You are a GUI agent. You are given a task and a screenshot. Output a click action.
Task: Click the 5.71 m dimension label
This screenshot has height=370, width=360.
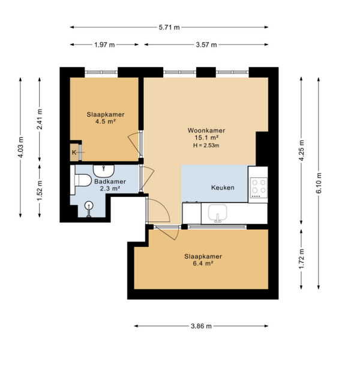tap(169, 28)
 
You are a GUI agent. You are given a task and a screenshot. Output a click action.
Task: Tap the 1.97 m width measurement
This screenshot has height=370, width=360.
tap(104, 44)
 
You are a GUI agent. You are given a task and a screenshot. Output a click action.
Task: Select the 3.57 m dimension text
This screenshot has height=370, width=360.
tap(206, 44)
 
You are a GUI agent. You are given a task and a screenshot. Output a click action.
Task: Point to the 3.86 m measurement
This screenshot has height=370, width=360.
tap(201, 326)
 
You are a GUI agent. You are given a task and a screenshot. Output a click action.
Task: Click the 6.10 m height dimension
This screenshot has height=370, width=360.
tap(319, 183)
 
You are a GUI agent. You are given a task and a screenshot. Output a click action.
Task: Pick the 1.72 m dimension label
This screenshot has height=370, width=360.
tap(302, 259)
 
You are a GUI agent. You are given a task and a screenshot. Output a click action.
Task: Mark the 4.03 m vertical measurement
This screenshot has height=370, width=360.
tap(21, 147)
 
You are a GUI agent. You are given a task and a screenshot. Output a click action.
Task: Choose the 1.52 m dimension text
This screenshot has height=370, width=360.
tap(40, 190)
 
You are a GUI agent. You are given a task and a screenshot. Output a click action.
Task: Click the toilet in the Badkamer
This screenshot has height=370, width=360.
tap(81, 180)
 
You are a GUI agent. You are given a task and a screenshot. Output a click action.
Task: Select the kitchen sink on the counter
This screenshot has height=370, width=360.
tap(217, 213)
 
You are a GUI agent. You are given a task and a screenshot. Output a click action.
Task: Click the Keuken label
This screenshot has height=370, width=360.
tap(223, 187)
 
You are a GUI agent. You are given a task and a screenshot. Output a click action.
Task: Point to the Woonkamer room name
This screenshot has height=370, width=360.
tap(206, 130)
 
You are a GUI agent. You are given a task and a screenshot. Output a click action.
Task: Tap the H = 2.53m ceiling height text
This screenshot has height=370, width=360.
tap(206, 145)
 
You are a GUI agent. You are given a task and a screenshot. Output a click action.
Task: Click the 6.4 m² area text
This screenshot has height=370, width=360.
tap(203, 263)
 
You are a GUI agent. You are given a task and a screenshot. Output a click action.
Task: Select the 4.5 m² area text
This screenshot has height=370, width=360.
tap(106, 121)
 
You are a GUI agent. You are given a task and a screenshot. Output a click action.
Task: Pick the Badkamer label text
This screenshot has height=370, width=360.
tap(110, 181)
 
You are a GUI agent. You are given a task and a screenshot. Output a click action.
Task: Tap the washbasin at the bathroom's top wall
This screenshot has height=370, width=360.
tap(104, 171)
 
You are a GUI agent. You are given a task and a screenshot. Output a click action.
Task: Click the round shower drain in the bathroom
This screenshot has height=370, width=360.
tap(89, 205)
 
